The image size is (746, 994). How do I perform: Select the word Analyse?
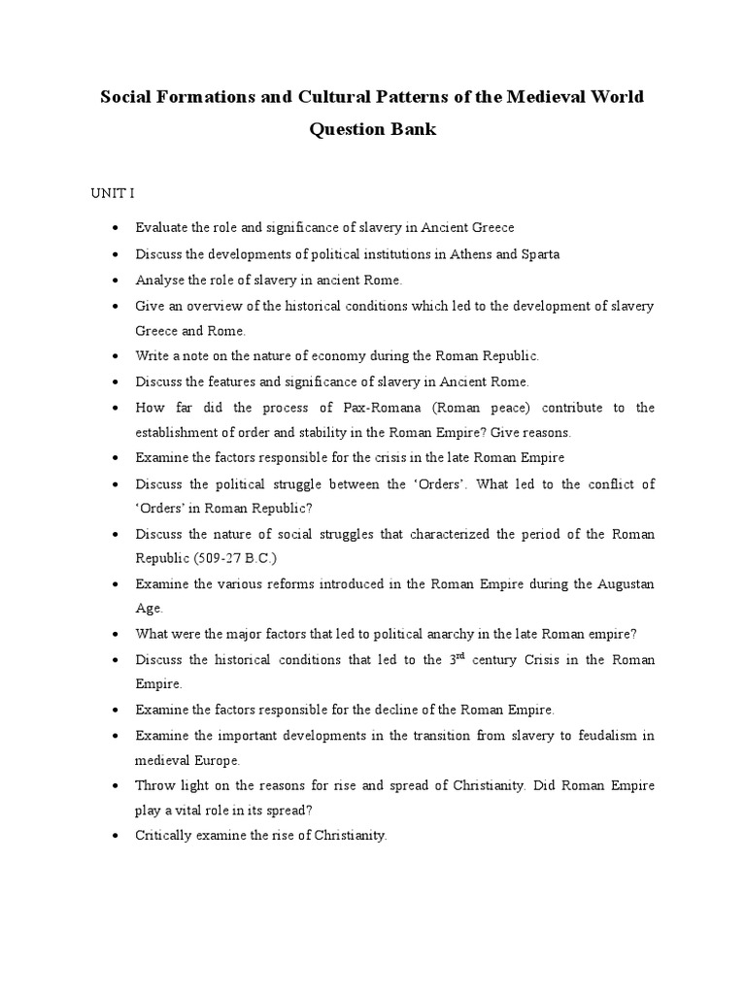coord(157,280)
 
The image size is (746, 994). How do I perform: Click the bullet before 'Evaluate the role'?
coord(116,228)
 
